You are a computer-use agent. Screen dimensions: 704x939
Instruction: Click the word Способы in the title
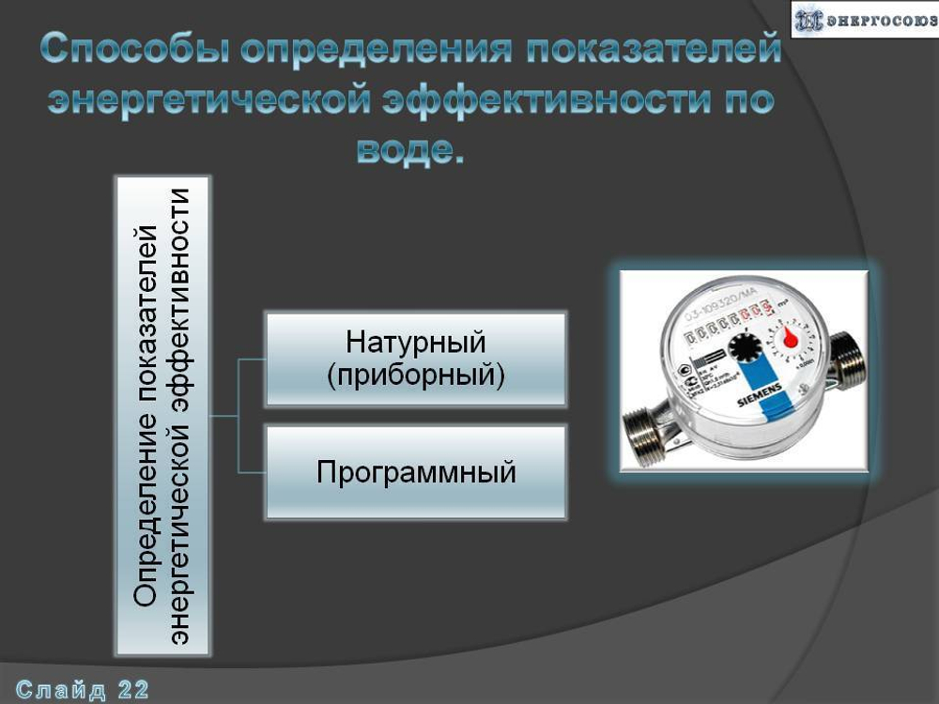point(134,50)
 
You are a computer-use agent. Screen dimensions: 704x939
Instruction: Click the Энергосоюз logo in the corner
point(864,19)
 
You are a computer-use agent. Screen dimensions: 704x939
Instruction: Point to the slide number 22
point(133,691)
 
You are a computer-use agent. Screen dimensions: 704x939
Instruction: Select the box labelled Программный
point(416,472)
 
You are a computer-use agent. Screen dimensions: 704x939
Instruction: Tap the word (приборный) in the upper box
point(416,375)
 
